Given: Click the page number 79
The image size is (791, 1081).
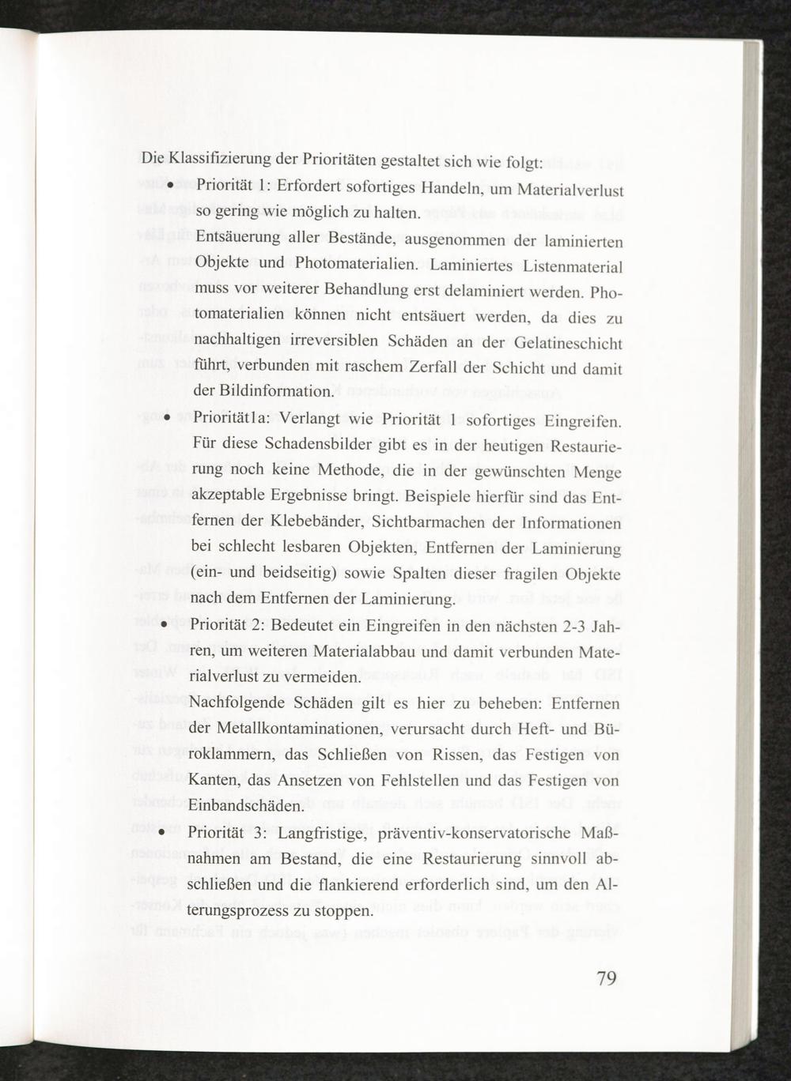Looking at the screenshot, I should (x=606, y=979).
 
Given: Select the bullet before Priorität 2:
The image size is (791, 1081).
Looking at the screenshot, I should (x=162, y=624).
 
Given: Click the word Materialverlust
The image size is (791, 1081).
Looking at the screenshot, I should (x=570, y=190).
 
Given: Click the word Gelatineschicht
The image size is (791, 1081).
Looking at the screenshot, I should (x=568, y=345).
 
